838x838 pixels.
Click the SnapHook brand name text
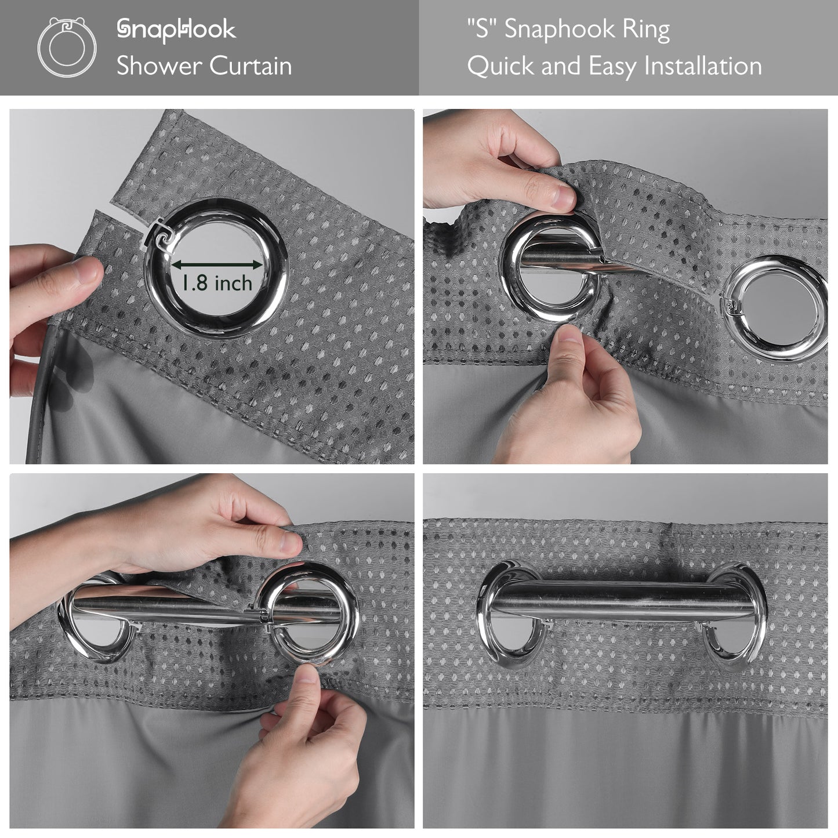176,30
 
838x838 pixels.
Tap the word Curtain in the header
251,66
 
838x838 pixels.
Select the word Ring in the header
646,30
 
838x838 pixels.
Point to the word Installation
703,66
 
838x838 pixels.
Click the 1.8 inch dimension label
216,284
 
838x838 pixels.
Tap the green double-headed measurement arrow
217,264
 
